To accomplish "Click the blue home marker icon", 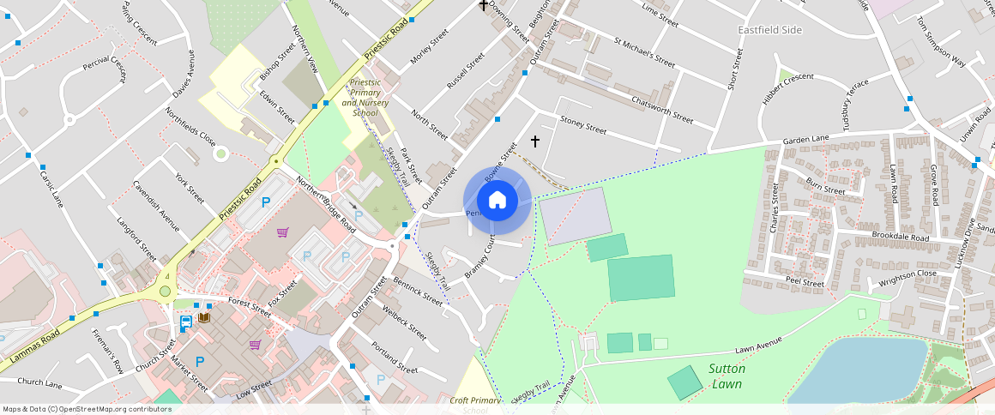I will (497, 201).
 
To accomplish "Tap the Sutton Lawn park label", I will (727, 376).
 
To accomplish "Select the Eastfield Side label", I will (769, 30).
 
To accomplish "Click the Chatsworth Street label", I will (661, 111).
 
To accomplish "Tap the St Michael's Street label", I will (644, 51).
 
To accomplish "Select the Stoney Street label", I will (582, 126).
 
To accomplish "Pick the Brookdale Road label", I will (900, 237).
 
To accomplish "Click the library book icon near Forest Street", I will (204, 318).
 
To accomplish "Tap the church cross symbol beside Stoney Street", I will (535, 141).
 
